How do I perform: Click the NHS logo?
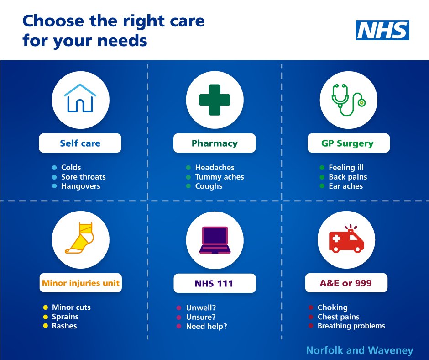382,30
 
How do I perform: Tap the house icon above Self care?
80,99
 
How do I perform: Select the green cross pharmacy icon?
214,99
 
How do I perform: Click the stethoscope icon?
348,99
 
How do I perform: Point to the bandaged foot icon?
80,239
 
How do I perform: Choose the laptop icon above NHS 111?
214,240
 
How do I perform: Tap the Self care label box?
80,143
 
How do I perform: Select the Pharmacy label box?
214,143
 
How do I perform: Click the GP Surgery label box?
348,143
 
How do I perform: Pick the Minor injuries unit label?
80,283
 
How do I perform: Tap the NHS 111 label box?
214,283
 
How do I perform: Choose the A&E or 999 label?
346,283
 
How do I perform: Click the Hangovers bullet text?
81,186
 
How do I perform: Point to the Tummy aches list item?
220,177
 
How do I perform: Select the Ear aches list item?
345,186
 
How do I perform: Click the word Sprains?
65,317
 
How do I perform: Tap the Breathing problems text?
351,326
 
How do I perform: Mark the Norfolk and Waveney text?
359,350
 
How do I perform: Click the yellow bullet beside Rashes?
46,326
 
